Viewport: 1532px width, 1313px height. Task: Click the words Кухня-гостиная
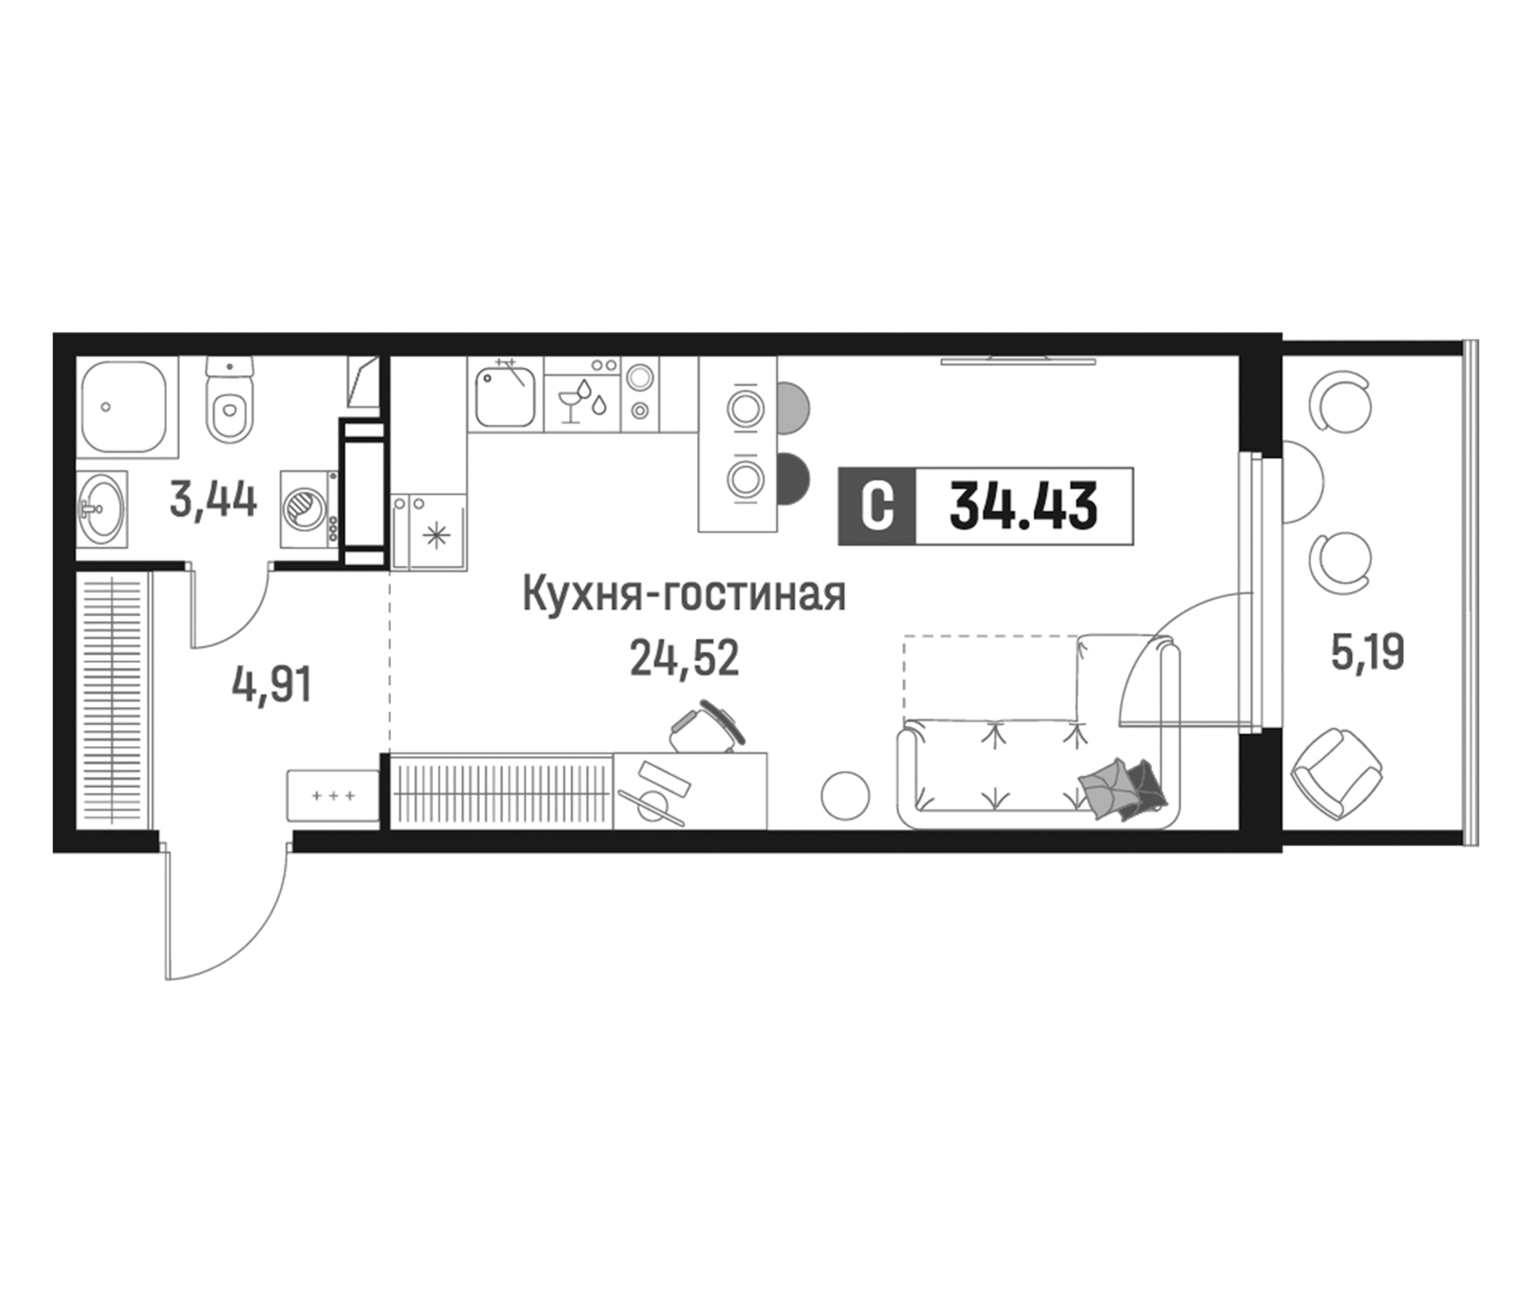click(684, 594)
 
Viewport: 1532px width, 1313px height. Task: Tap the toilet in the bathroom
click(229, 403)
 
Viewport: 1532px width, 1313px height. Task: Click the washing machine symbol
click(306, 508)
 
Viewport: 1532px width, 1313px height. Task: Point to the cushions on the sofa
click(1122, 789)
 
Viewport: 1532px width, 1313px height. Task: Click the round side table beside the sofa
click(844, 796)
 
